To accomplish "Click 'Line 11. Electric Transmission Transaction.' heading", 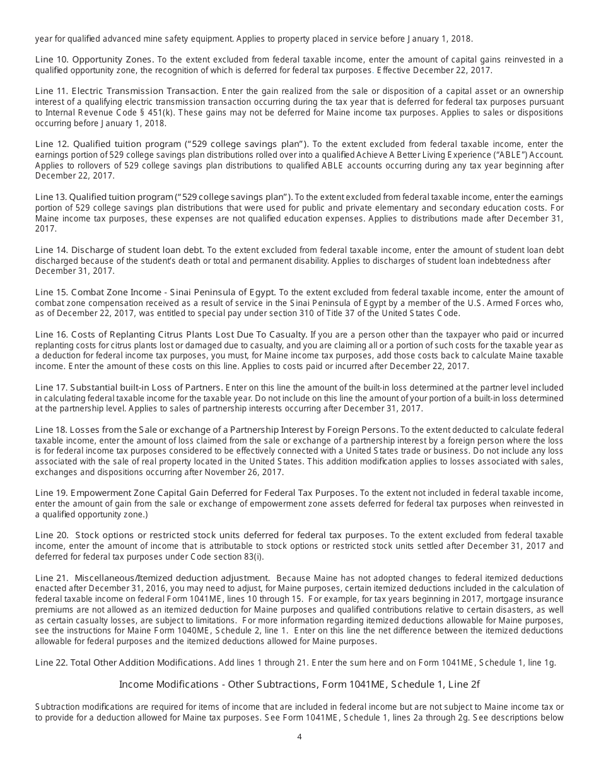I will coord(127,91).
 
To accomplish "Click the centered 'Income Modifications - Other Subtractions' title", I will coord(299,684).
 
